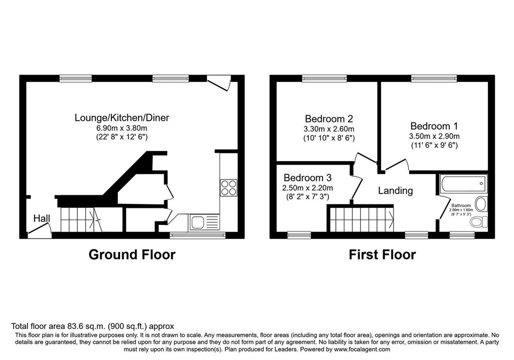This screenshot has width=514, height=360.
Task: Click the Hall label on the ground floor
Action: (x=42, y=218)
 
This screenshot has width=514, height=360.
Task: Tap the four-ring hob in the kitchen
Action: (x=229, y=188)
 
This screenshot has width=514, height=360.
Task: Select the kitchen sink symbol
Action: (x=203, y=222)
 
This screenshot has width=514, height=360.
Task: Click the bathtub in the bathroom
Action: (x=463, y=184)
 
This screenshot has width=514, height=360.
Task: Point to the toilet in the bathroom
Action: (x=479, y=222)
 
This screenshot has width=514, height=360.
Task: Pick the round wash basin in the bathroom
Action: (x=481, y=204)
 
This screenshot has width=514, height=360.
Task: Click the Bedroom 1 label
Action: (x=434, y=126)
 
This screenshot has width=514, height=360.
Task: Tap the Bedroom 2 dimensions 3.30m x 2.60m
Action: (x=329, y=129)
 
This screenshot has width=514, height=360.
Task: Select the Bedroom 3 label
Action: (x=308, y=178)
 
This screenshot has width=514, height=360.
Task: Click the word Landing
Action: (x=396, y=190)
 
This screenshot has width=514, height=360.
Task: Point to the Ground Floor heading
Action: (x=132, y=255)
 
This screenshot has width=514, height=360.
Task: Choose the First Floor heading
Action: (x=382, y=255)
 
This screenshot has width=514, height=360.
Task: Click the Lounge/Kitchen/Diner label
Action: (x=122, y=117)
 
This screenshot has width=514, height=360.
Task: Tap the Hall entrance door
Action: (x=39, y=230)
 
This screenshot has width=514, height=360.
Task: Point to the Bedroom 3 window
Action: (x=299, y=235)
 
